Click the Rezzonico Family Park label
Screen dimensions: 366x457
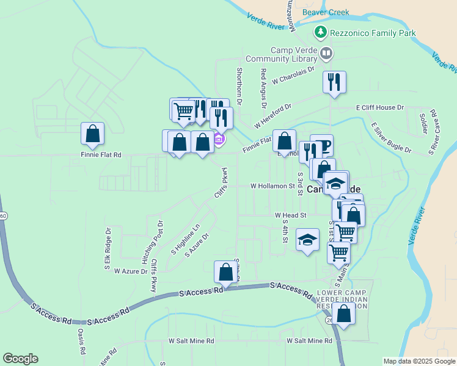(373, 33)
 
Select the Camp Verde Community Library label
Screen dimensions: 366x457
(282, 55)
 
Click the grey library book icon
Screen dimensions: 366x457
(326, 54)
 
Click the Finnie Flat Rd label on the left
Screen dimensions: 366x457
(101, 155)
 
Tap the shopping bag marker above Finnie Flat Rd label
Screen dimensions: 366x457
(92, 134)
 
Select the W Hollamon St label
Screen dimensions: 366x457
(272, 186)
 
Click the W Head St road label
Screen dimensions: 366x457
(290, 215)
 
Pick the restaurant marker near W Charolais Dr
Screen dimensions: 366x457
(334, 82)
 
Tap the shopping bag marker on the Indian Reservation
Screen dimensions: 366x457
(345, 314)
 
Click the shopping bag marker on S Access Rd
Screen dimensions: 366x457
(225, 272)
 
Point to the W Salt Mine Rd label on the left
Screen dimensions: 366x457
(192, 341)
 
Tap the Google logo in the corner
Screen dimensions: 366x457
(20, 359)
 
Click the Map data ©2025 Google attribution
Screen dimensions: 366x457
(419, 361)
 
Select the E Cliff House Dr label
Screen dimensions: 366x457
(380, 107)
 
